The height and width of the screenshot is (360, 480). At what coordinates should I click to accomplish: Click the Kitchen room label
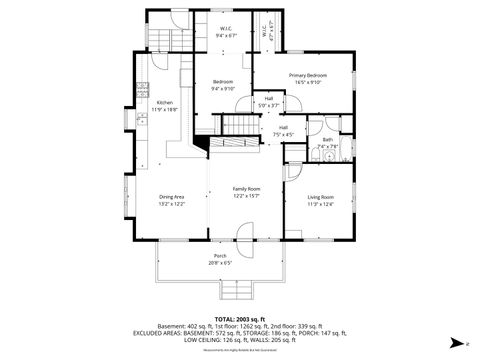coord(164,102)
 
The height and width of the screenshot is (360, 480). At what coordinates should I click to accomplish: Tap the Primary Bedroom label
coord(308,76)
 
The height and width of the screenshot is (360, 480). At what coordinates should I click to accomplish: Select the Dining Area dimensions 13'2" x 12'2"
coord(171,204)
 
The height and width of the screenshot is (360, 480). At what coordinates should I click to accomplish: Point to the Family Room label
coord(246,189)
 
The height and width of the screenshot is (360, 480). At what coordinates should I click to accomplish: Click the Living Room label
coord(320,197)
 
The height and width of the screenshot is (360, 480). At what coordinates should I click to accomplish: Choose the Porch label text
coord(219,256)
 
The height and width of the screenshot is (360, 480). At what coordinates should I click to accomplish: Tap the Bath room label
coord(327,139)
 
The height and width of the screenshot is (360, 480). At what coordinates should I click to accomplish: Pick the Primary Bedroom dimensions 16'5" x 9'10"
coord(308,83)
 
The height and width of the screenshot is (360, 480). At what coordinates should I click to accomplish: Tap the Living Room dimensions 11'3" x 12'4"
coord(320,204)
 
